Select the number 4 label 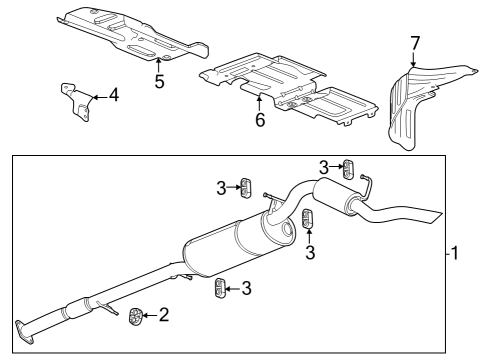click(x=113, y=96)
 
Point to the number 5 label click(x=159, y=81)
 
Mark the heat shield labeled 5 click(x=130, y=35)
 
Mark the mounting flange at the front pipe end click(x=22, y=331)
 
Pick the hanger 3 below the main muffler click(x=220, y=289)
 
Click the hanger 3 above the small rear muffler click(x=350, y=166)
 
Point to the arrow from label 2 click(x=151, y=316)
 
